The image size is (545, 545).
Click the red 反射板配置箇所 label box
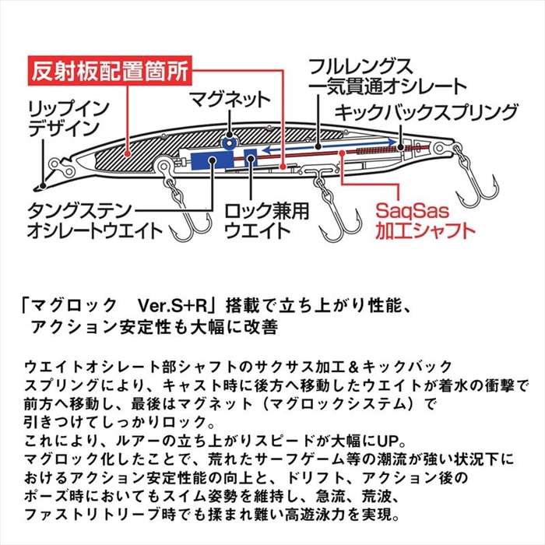pyautogui.click(x=110, y=70)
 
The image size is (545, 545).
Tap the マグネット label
pyautogui.click(x=230, y=100)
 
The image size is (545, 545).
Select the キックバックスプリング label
pyautogui.click(x=426, y=112)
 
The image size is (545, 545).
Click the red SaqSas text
pyautogui.click(x=412, y=210)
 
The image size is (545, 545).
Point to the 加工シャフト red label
pyautogui.click(x=425, y=230)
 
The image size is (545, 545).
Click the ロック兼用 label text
pyautogui.click(x=266, y=211)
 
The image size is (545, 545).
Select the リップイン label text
pyautogui.click(x=69, y=109)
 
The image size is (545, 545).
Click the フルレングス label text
pyautogui.click(x=360, y=67)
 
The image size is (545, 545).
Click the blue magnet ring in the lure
pyautogui.click(x=229, y=142)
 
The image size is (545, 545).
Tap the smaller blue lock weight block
pyautogui.click(x=250, y=157)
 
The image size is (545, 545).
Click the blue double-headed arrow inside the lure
pyautogui.click(x=329, y=146)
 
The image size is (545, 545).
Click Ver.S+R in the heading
pyautogui.click(x=173, y=306)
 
